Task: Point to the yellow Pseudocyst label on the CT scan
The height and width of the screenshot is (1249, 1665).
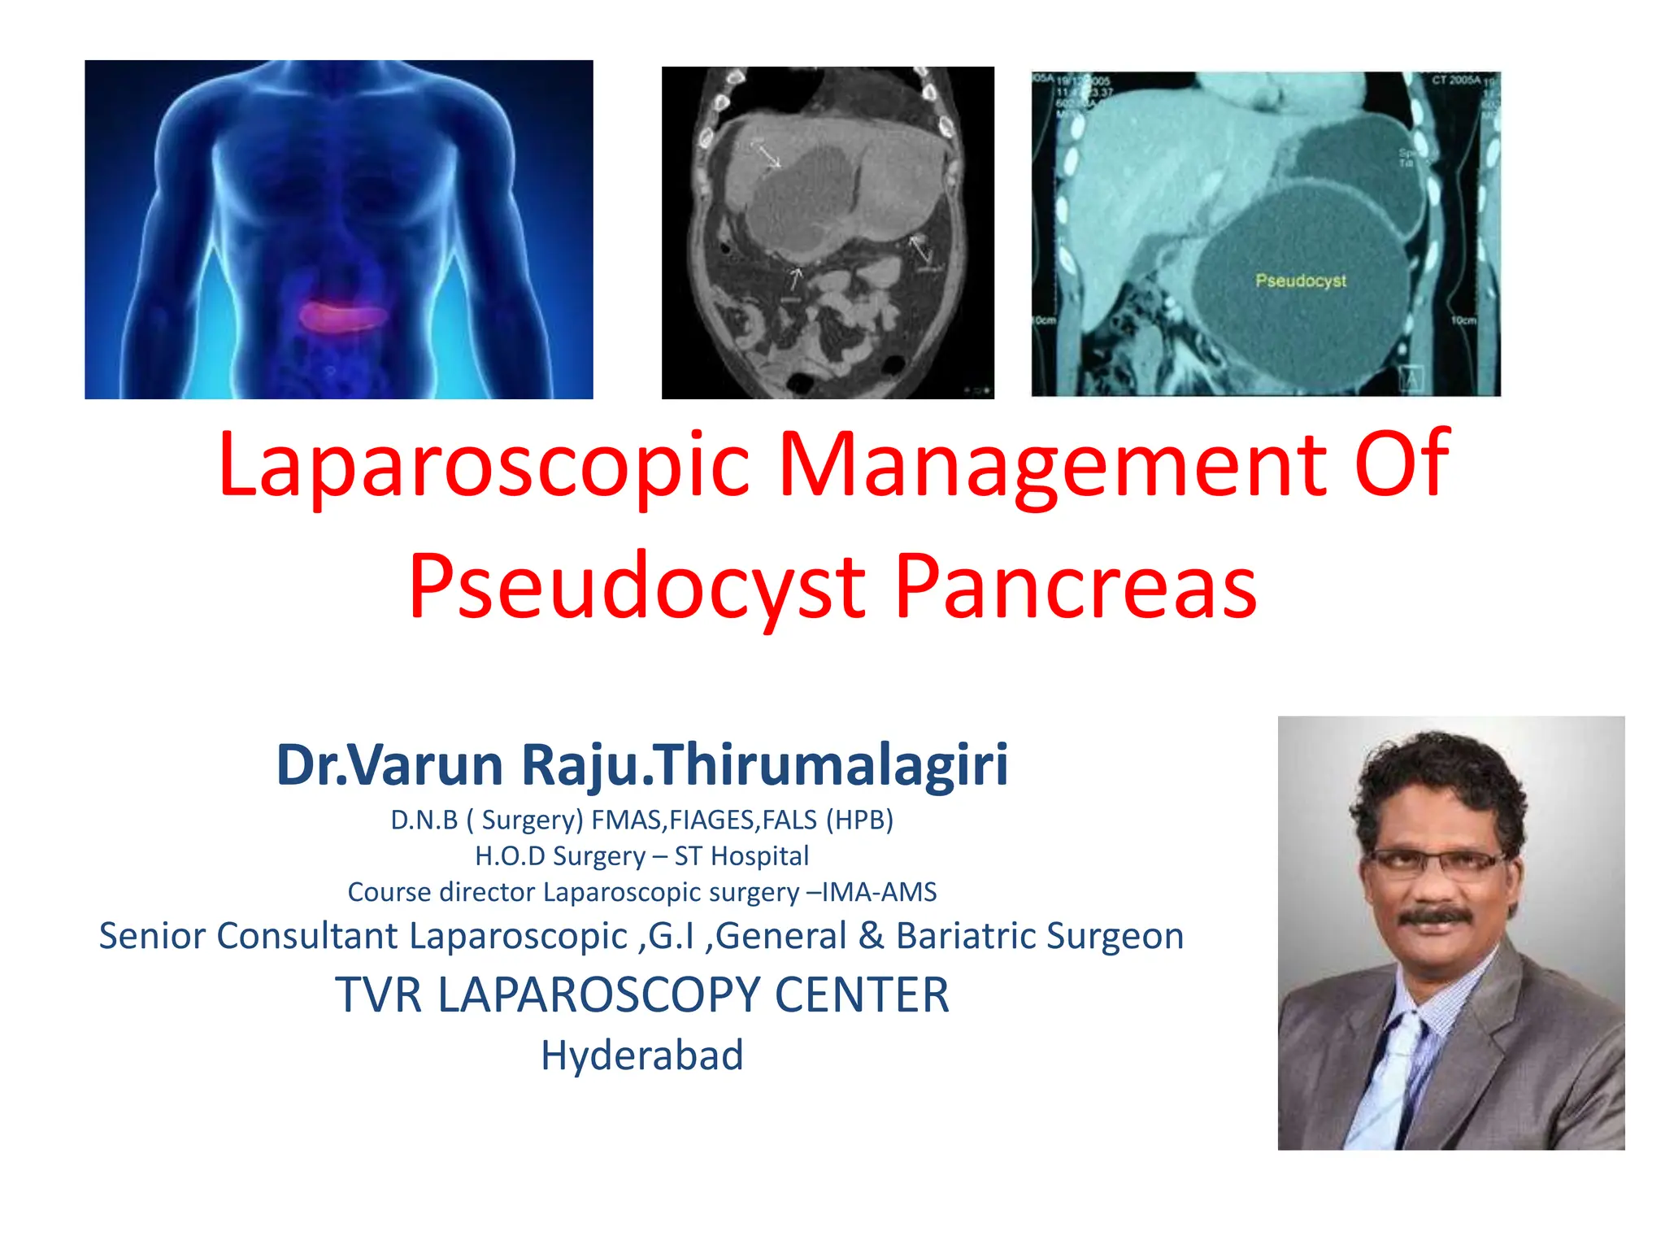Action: click(1300, 281)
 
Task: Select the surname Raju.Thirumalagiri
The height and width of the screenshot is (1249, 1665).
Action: click(764, 766)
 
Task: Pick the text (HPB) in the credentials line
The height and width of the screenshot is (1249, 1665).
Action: click(859, 820)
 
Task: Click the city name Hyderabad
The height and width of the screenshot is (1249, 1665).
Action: click(642, 1055)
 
